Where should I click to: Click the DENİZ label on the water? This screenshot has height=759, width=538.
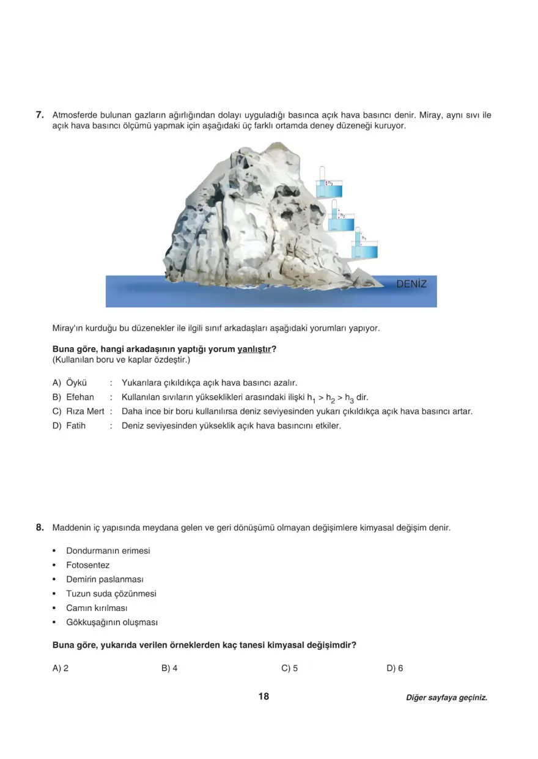(x=411, y=284)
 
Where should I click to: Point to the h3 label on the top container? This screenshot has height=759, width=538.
(x=330, y=182)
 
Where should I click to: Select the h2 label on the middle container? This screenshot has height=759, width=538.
(x=343, y=216)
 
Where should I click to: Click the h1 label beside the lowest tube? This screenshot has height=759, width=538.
(x=364, y=237)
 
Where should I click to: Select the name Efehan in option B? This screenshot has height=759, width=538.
(x=79, y=397)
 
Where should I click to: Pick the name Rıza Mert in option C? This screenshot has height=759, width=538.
(x=85, y=411)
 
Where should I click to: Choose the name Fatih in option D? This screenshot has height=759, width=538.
(x=76, y=425)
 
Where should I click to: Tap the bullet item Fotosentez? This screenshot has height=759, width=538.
(x=87, y=565)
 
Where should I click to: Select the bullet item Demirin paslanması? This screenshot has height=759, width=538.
(x=105, y=579)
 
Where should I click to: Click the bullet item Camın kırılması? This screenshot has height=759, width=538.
(x=97, y=608)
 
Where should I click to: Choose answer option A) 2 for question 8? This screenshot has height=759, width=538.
(x=60, y=669)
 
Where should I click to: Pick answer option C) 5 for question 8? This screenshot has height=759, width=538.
(x=289, y=669)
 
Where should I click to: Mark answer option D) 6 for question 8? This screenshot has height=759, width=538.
(x=395, y=669)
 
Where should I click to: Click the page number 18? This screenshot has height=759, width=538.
(x=263, y=697)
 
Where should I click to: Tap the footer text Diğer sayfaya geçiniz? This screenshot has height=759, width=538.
(x=446, y=698)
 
